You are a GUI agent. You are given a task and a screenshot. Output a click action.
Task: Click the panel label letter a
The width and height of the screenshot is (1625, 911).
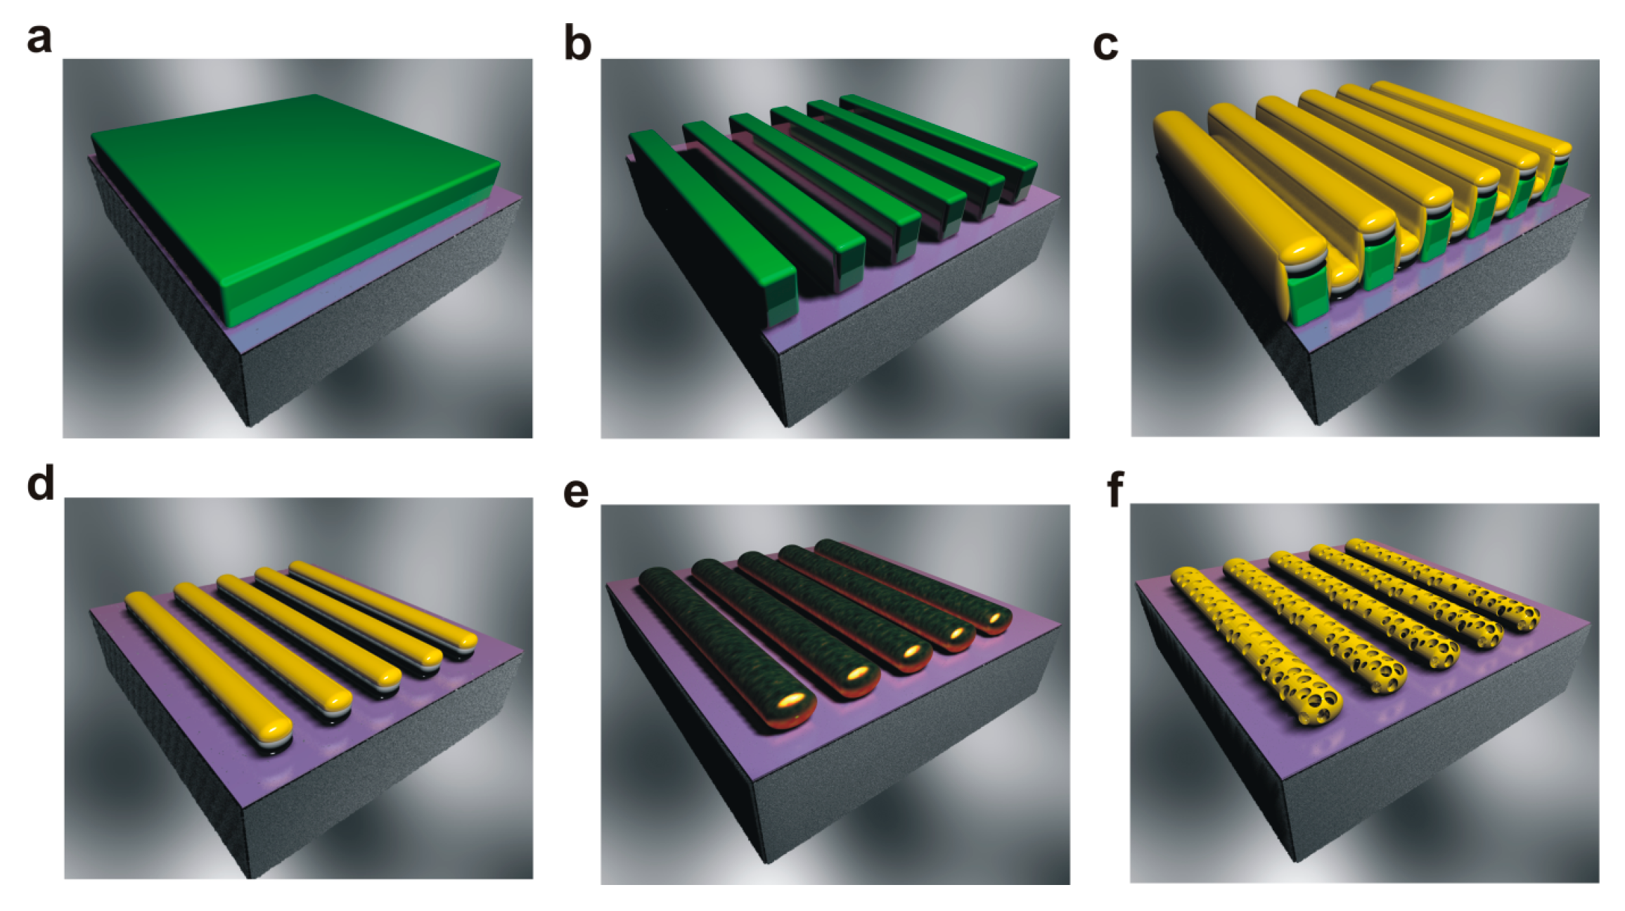coord(39,38)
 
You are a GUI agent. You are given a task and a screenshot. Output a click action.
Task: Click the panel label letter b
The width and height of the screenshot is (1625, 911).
coord(577,44)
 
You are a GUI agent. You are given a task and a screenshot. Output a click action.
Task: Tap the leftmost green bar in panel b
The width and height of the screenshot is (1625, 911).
coord(714,228)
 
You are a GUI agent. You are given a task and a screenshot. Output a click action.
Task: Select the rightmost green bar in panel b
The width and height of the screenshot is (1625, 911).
coord(939,148)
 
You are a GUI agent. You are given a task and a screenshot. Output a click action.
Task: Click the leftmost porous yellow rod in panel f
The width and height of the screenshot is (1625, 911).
coord(1257,645)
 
